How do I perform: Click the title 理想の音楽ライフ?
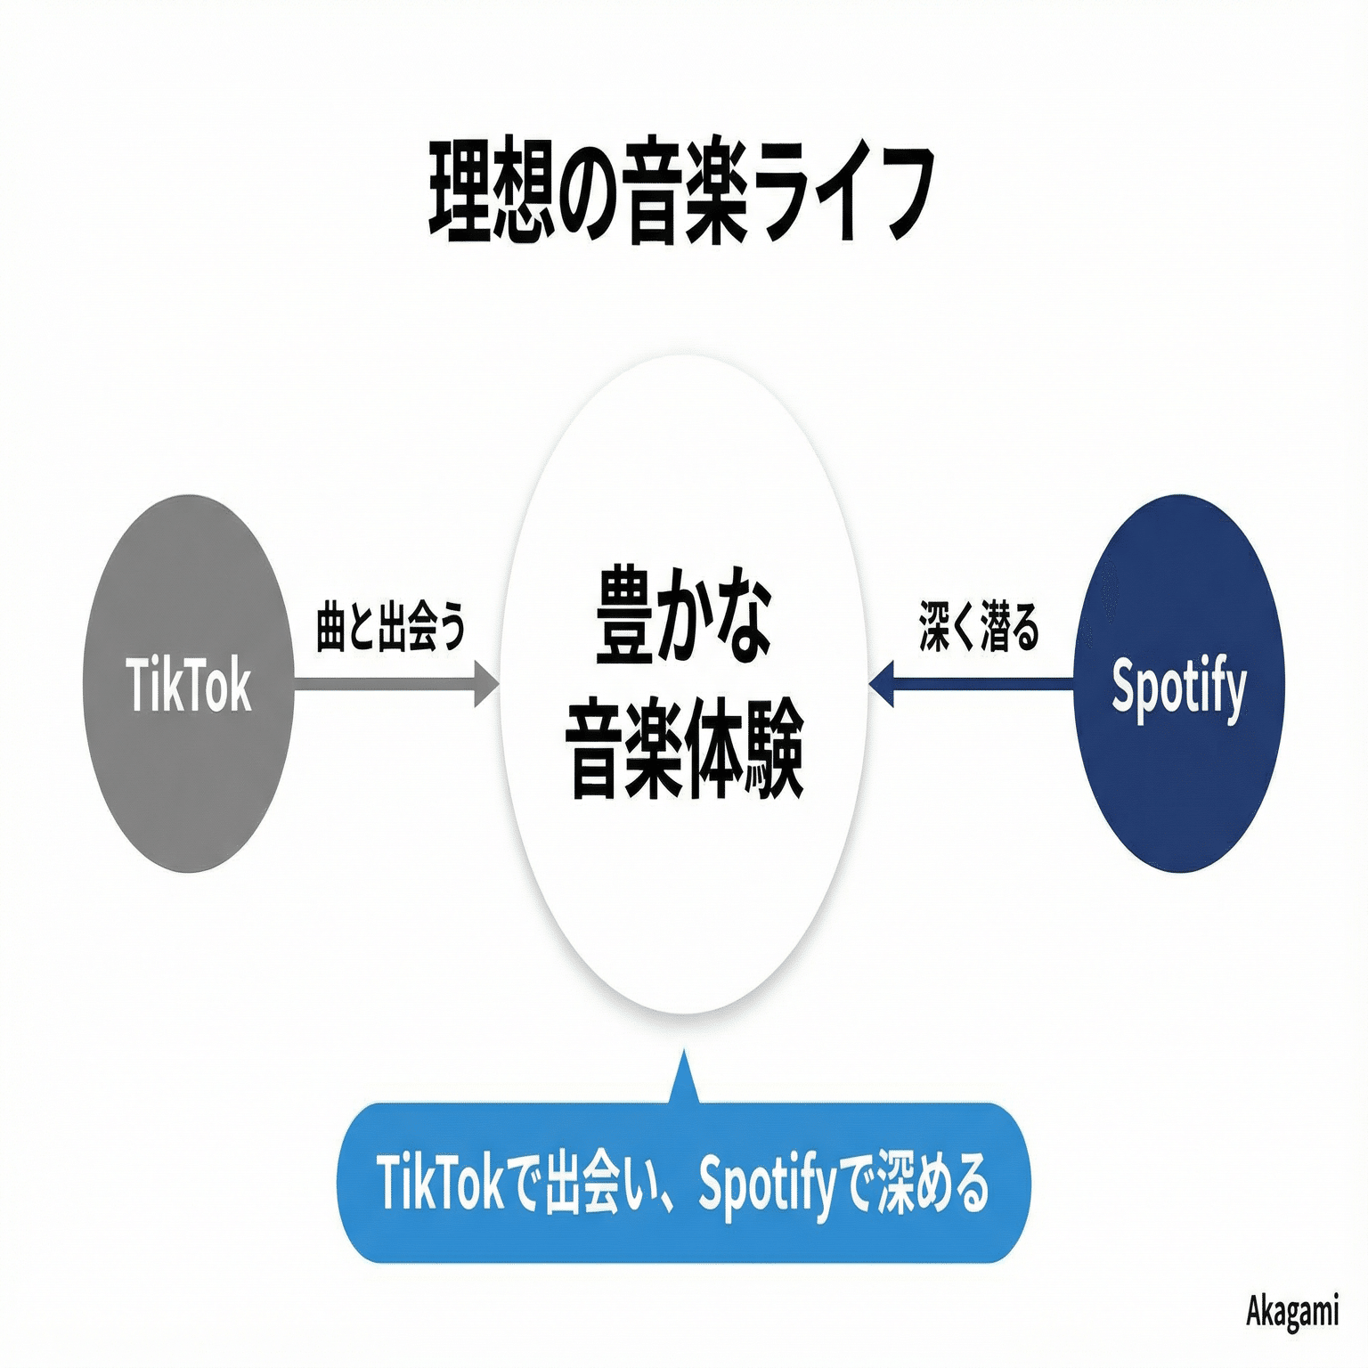(x=682, y=191)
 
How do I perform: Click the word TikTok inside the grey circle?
(x=188, y=685)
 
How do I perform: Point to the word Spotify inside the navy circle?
(x=1178, y=687)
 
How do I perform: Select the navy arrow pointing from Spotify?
(x=971, y=684)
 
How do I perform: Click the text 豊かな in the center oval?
(x=683, y=615)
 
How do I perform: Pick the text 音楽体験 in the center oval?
(x=684, y=750)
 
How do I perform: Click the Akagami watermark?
(x=1291, y=1311)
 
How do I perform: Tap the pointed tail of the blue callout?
(x=684, y=1078)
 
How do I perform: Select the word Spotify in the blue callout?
(x=767, y=1185)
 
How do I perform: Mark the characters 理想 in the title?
(x=484, y=191)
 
